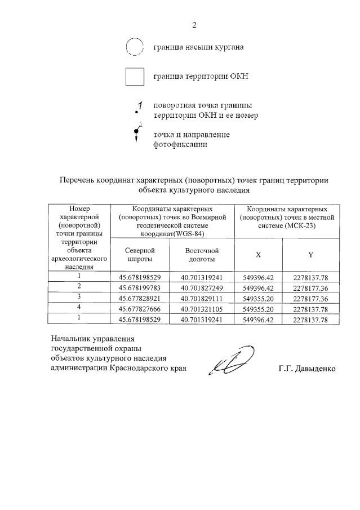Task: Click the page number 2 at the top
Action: click(194, 25)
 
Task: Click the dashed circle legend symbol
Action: click(135, 47)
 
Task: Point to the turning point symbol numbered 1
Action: click(138, 108)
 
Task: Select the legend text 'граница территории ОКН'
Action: click(201, 77)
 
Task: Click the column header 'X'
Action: click(258, 255)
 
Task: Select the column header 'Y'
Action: click(310, 255)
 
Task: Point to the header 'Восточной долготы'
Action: click(202, 255)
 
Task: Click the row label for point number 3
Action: click(79, 297)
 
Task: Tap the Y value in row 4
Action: click(310, 308)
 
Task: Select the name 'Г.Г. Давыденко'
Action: click(306, 369)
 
